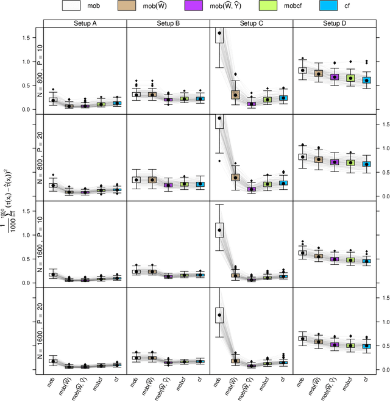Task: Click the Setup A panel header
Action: pyautogui.click(x=85, y=24)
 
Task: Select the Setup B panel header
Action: pyautogui.click(x=168, y=24)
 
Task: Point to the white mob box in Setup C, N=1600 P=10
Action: pyautogui.click(x=220, y=229)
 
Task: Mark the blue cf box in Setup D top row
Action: pyautogui.click(x=366, y=80)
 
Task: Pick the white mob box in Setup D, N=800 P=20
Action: pyautogui.click(x=303, y=156)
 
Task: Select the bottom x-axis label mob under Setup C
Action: pyautogui.click(x=219, y=381)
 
